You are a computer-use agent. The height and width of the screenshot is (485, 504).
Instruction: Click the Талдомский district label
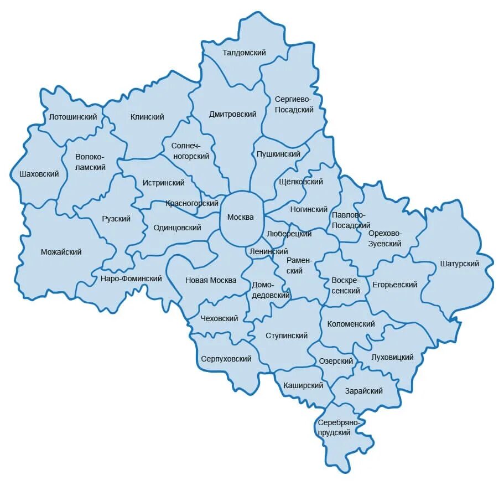pyautogui.click(x=244, y=53)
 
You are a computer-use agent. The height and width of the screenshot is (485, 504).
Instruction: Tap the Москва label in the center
pyautogui.click(x=241, y=217)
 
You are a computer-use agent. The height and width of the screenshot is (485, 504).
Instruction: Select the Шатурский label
pyautogui.click(x=459, y=264)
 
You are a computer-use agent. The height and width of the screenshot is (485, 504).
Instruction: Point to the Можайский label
pyautogui.click(x=61, y=252)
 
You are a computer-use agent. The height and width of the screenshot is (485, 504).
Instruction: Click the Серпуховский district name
pyautogui.click(x=226, y=359)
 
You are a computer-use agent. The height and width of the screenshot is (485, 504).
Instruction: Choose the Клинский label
pyautogui.click(x=147, y=117)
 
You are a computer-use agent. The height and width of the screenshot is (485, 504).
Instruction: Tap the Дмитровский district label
pyautogui.click(x=233, y=114)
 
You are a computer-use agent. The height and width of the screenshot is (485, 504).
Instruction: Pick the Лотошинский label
pyautogui.click(x=73, y=117)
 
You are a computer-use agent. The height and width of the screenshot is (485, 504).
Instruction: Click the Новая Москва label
pyautogui.click(x=211, y=280)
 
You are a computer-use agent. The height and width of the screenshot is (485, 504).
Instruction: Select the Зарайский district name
pyautogui.click(x=364, y=391)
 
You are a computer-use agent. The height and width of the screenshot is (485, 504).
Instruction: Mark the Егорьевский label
pyautogui.click(x=394, y=285)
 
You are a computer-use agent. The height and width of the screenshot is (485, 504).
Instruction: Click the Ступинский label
pyautogui.click(x=287, y=336)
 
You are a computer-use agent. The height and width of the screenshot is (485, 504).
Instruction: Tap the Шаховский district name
pyautogui.click(x=39, y=174)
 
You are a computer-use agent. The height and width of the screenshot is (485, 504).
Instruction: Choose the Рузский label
pyautogui.click(x=116, y=219)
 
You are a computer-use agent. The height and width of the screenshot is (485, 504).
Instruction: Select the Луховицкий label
pyautogui.click(x=393, y=357)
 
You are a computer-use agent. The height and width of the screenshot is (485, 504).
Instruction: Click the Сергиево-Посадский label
pyautogui.click(x=294, y=104)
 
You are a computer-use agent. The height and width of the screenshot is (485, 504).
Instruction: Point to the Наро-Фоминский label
pyautogui.click(x=132, y=278)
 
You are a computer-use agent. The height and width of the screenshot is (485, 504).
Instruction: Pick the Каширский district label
pyautogui.click(x=303, y=385)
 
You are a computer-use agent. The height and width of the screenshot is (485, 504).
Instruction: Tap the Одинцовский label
pyautogui.click(x=178, y=228)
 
